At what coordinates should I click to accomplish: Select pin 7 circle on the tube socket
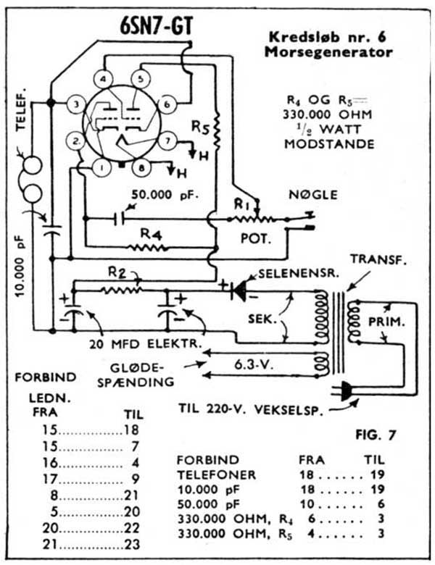167,139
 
